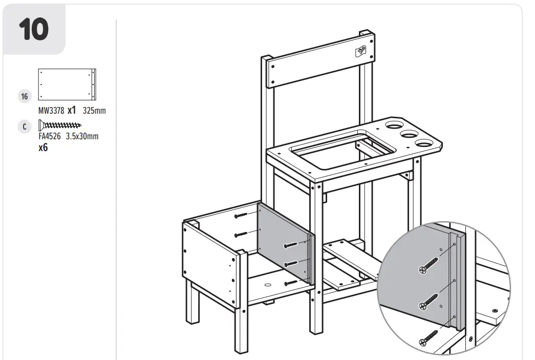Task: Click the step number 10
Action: coord(34,30)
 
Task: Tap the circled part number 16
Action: coord(24,96)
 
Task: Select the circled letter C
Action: coord(24,126)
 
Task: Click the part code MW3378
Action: coord(51,111)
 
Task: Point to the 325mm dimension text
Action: coord(94,111)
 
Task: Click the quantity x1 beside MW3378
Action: coord(72,110)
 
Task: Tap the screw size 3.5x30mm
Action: coord(82,136)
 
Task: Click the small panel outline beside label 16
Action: coord(67,84)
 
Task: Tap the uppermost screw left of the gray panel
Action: coord(241,216)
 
